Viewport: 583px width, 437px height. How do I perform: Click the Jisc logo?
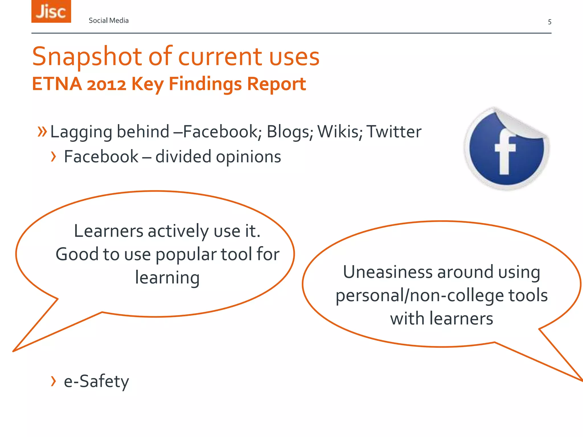[51, 11]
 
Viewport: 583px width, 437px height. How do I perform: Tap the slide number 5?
[549, 22]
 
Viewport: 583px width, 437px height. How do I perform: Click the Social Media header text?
[108, 20]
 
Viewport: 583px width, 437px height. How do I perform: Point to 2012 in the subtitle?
[106, 84]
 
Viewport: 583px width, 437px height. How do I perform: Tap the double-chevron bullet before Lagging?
[42, 131]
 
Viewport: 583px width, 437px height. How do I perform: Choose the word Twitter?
[394, 132]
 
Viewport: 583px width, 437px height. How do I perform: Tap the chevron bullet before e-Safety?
[53, 381]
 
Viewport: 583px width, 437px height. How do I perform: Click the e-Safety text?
[96, 381]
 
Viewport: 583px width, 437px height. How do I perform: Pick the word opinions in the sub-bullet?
[248, 157]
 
